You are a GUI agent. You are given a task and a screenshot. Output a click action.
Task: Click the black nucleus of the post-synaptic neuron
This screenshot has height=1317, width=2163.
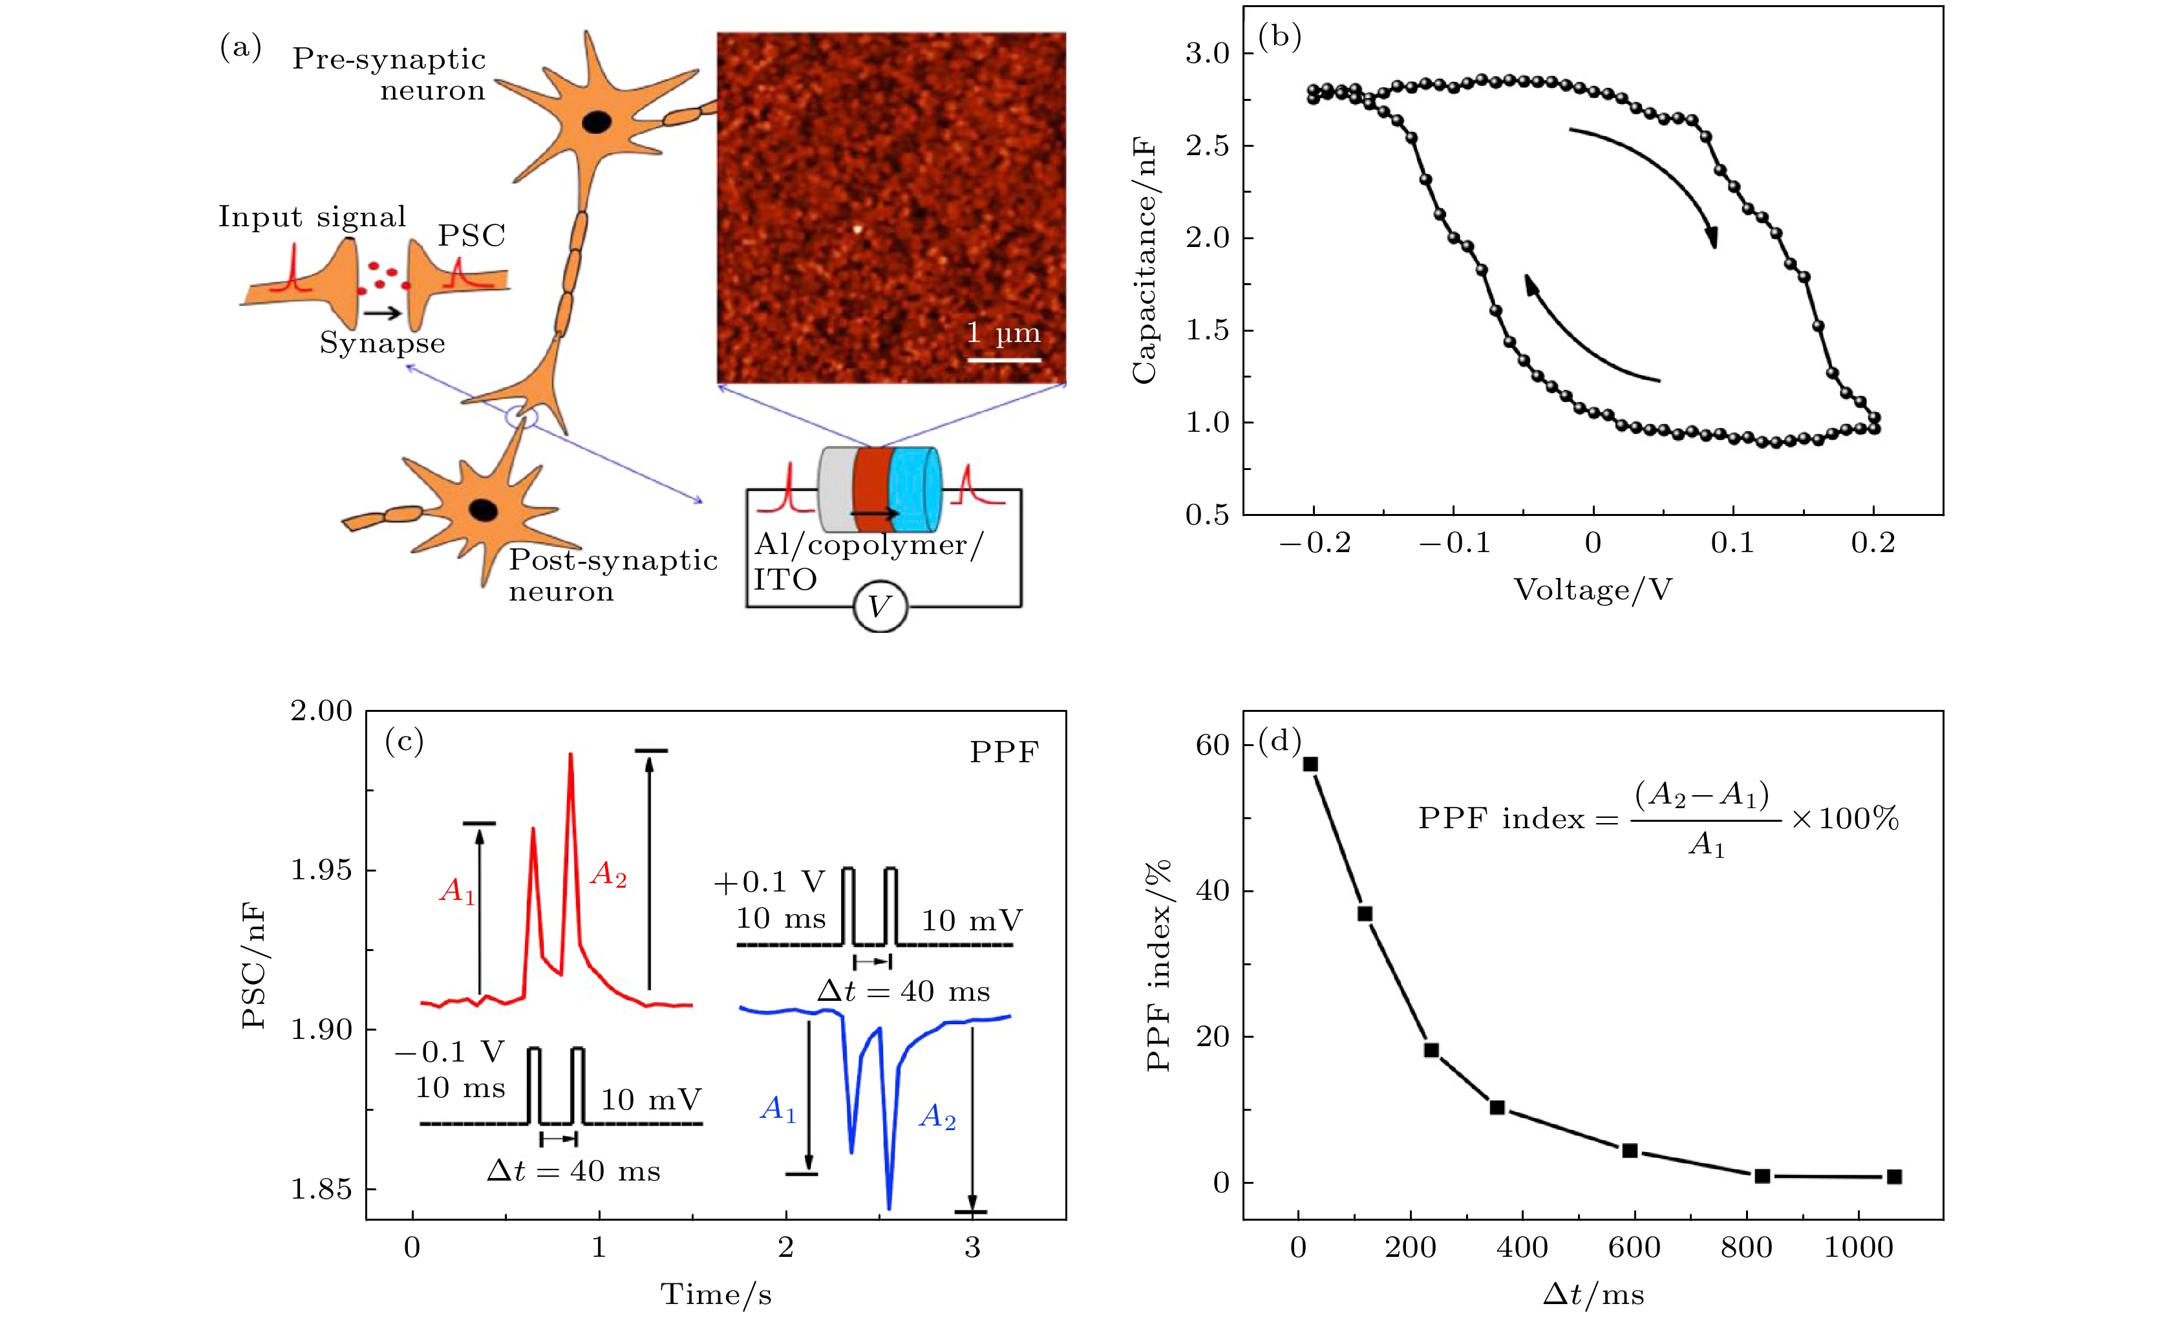click(483, 509)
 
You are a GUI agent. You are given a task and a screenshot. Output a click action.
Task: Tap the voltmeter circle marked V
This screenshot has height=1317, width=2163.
click(880, 606)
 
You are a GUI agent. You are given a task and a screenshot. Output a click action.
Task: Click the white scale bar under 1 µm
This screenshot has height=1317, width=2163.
click(1003, 359)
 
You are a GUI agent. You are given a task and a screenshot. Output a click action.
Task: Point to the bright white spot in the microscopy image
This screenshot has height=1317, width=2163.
click(858, 230)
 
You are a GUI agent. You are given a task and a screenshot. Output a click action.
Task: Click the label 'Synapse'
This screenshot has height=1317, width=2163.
click(382, 343)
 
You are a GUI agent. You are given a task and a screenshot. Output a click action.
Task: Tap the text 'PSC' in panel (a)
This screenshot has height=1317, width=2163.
click(471, 235)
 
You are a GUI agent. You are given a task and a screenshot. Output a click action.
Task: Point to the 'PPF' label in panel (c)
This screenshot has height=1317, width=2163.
click(1003, 753)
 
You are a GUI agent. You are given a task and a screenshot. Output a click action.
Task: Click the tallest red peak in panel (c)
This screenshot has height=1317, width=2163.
click(571, 755)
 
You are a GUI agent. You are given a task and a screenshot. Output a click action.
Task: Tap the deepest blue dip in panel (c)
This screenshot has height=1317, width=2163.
click(890, 1207)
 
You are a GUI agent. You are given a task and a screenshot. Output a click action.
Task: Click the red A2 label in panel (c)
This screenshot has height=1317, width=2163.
click(608, 875)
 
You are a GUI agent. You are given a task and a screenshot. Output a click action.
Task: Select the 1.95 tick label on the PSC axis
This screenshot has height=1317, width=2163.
click(321, 870)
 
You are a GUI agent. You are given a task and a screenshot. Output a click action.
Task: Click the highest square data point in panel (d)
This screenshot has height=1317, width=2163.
click(1310, 764)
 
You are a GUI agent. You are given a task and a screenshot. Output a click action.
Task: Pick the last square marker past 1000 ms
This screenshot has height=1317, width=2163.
click(1893, 1177)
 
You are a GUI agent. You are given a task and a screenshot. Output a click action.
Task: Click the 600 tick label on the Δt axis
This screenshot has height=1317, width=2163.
click(1635, 1248)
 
